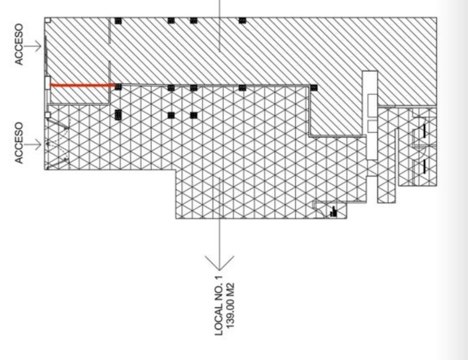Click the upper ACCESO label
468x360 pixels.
pos(19,44)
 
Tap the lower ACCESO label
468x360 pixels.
pos(19,143)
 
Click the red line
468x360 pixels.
pos(82,85)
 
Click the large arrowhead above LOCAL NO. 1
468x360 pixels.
pos(220,263)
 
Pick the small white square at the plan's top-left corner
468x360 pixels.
pos(48,20)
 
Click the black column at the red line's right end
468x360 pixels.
pos(118,86)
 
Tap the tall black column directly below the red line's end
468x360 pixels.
pos(118,115)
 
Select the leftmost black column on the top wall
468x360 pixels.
pos(118,21)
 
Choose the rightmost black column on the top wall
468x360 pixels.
pos(242,21)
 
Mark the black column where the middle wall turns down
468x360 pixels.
pos(313,88)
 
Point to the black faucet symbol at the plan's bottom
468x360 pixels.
pos(333,211)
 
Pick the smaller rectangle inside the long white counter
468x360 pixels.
pos(372,126)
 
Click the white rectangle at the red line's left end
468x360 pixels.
pos(47,83)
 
